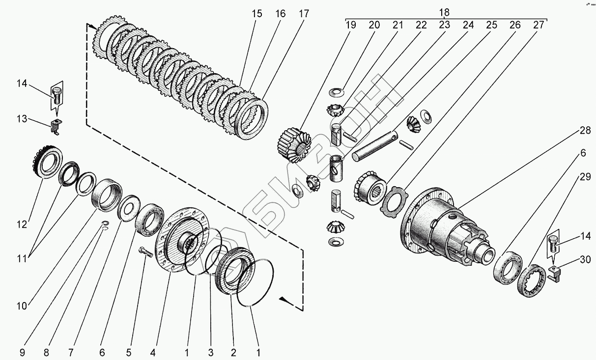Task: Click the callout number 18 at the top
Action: [x=444, y=12]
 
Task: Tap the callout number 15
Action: [x=257, y=14]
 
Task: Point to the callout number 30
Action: [x=585, y=259]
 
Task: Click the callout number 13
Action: [x=22, y=118]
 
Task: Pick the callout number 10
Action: [x=22, y=306]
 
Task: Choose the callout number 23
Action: [x=444, y=25]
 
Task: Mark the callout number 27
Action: [x=539, y=25]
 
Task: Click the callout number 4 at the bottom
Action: [x=153, y=353]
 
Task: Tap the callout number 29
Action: [x=585, y=176]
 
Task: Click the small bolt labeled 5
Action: [x=145, y=251]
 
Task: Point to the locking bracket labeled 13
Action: [x=57, y=126]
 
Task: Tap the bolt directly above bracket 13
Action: [x=57, y=96]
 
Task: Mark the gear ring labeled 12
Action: [x=47, y=162]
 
